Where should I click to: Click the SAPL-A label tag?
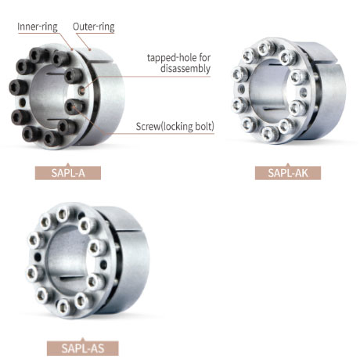[68, 173]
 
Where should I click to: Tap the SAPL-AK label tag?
[288, 173]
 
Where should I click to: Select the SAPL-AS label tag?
[83, 348]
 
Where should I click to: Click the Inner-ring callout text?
[38, 27]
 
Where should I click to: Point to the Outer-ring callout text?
[94, 27]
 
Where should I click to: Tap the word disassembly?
[185, 69]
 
